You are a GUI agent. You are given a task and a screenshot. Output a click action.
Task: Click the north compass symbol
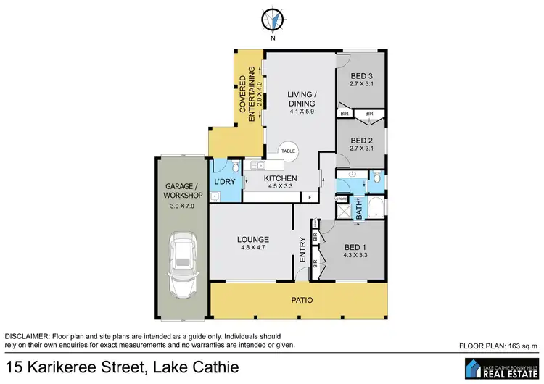(x=272, y=20)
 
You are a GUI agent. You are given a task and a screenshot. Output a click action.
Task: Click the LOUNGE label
(x=252, y=240)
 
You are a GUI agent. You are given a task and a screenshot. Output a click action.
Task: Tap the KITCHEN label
(x=280, y=178)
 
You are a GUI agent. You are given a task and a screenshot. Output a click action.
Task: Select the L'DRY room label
(x=224, y=181)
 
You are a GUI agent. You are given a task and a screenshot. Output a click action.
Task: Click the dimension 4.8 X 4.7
(x=252, y=249)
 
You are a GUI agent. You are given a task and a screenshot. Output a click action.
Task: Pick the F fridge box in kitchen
(x=310, y=198)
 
